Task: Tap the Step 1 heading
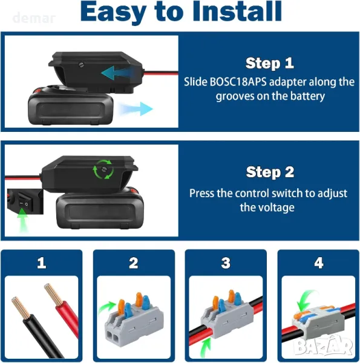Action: tap(270, 63)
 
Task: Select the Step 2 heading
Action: tap(270, 172)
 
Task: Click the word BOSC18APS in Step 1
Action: tap(238, 82)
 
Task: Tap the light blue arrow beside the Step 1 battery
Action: tap(136, 109)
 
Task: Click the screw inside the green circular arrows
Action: tap(104, 169)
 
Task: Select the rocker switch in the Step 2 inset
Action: tap(24, 200)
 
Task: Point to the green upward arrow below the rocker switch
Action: tap(22, 220)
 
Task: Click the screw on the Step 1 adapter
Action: tap(81, 65)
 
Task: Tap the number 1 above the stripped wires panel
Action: tap(42, 263)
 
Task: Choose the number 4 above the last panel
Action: tap(319, 263)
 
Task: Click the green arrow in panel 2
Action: tap(106, 307)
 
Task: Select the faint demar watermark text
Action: tap(34, 18)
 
